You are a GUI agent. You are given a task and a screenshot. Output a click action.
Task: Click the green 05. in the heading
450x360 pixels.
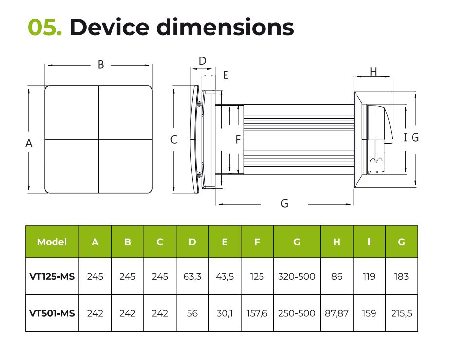[44, 28]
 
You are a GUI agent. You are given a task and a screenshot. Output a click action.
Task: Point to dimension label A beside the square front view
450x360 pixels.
[29, 143]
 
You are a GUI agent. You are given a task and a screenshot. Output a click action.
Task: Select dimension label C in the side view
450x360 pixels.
[174, 140]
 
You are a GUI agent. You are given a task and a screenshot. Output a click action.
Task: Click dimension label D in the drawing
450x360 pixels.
[203, 61]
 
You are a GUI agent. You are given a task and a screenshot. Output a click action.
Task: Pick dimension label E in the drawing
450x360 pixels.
[225, 75]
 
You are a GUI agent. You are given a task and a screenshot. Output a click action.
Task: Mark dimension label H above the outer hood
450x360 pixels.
[374, 72]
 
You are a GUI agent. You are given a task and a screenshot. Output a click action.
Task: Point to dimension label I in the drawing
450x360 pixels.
[405, 138]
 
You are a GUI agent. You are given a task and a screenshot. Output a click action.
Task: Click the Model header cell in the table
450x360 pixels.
[52, 242]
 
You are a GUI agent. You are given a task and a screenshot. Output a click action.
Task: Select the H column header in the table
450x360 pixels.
[337, 242]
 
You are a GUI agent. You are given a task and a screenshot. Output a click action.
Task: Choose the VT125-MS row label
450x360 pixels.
[52, 276]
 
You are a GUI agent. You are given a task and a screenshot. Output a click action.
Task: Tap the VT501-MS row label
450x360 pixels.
[52, 313]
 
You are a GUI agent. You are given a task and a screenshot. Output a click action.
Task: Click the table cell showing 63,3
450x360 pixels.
[192, 276]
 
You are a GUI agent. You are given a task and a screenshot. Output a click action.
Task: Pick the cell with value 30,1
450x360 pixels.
[225, 313]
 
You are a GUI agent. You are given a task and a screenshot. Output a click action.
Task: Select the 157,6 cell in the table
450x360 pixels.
[257, 313]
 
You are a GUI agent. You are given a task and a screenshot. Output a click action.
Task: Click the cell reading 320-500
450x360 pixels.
[297, 276]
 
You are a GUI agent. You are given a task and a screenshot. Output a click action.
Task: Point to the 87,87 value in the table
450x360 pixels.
[337, 313]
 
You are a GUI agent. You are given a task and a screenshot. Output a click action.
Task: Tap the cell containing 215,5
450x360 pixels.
[401, 313]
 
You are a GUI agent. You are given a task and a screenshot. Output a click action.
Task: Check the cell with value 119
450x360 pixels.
[369, 276]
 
